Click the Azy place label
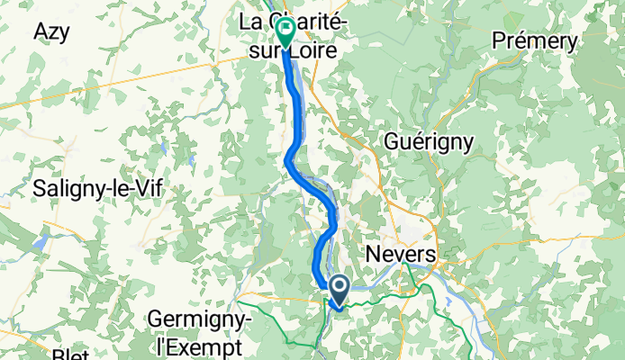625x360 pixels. (51, 31)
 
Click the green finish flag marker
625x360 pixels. (285, 32)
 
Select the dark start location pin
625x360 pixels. (340, 290)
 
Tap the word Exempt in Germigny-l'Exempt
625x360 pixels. (206, 346)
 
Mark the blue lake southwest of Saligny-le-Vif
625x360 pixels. (41, 241)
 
